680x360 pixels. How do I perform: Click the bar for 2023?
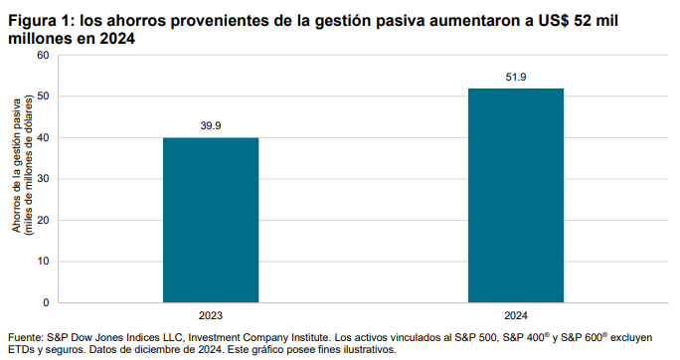point(211,220)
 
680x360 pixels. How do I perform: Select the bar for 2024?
point(516,195)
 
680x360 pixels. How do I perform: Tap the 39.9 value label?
point(211,126)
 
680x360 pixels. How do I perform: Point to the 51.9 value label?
point(516,77)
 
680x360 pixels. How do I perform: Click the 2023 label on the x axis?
point(211,315)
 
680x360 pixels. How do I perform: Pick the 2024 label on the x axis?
point(516,315)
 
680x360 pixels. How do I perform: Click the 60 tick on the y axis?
point(42,55)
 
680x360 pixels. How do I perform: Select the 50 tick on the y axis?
point(42,96)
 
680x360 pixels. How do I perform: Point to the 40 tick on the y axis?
point(42,137)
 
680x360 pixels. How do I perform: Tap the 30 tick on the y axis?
point(42,179)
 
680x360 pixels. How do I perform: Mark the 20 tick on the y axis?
point(42,220)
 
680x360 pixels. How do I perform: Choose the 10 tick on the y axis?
point(42,262)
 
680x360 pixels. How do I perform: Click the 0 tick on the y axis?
point(45,302)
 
